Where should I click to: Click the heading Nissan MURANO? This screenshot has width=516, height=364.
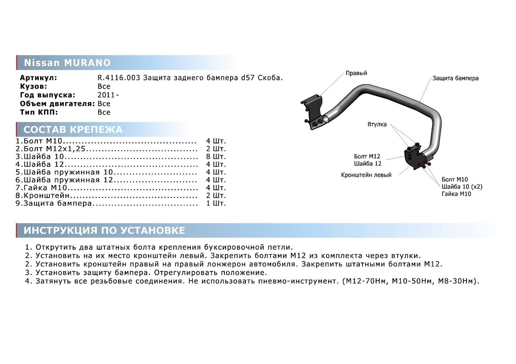coord(67,63)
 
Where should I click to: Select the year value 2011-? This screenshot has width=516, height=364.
coord(106,95)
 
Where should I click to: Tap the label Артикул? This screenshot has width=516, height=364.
coord(38,78)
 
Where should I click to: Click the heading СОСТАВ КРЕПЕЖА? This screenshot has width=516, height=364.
coord(73,130)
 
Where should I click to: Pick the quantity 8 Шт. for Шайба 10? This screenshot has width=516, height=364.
coord(216,157)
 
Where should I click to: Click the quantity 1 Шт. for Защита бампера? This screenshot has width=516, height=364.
coord(216,203)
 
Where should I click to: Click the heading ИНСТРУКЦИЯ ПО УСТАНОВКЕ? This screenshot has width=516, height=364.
coord(104,231)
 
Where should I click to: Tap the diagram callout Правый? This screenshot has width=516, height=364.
coord(356,73)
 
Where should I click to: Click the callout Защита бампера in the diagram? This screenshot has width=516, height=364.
coord(455,79)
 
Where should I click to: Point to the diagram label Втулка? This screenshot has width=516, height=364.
coord(377,124)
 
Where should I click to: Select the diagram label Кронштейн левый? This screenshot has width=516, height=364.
coord(366,175)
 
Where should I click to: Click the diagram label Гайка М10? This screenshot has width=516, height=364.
coord(456,194)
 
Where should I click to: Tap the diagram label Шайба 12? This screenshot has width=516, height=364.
coord(368,164)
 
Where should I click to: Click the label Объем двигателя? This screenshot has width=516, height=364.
coord(57,103)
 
